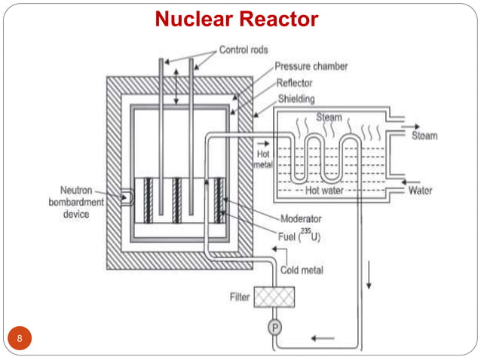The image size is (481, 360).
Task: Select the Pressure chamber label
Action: tap(311, 66)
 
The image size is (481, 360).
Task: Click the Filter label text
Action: tap(239, 297)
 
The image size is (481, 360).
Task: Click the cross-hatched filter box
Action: tap(274, 297)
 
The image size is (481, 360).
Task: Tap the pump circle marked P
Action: tap(274, 328)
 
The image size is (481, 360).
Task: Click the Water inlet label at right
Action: tap(420, 191)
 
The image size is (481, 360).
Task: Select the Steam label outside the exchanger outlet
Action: tap(425, 136)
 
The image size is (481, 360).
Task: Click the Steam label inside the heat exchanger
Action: tap(329, 117)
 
